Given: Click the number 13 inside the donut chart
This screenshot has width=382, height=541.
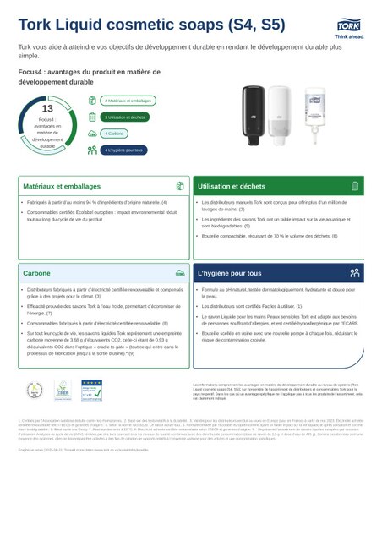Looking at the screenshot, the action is tap(47, 108).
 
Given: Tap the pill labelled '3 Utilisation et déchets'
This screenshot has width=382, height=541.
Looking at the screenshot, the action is tap(124, 117).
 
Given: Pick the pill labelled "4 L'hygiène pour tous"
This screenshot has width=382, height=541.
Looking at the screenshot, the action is tap(123, 150).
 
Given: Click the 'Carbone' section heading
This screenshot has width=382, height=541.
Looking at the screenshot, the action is tap(36, 274).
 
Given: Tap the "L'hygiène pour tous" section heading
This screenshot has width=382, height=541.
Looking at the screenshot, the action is tap(229, 274).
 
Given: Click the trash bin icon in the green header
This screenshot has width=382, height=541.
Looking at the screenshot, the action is tap(355, 186).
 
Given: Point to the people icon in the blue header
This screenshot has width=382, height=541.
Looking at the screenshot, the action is tap(355, 274).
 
